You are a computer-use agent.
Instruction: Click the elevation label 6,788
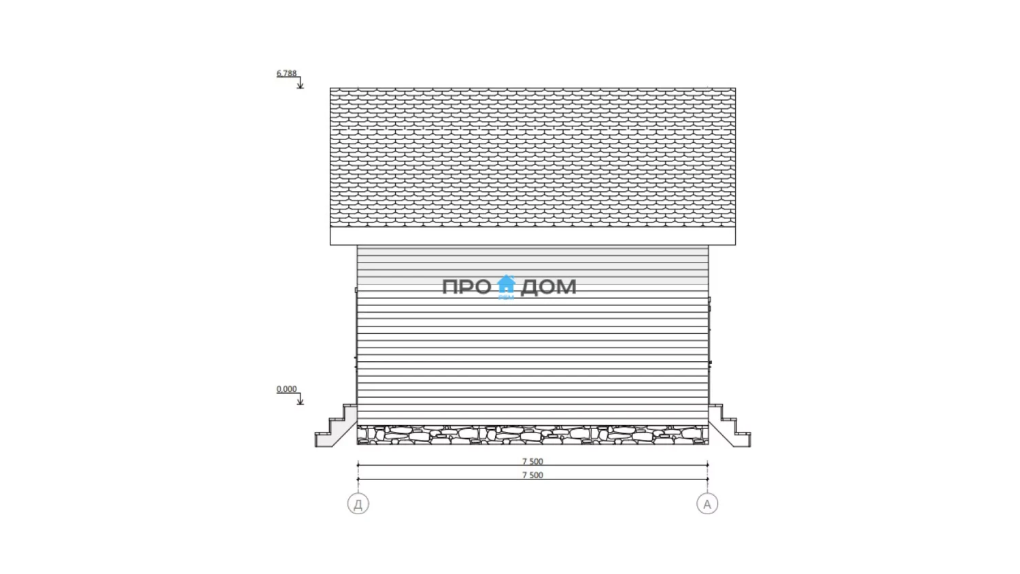[x=286, y=73]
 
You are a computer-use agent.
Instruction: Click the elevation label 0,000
[x=286, y=389]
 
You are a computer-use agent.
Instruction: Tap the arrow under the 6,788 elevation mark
[x=300, y=83]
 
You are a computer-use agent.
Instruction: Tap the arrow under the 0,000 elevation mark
[x=300, y=399]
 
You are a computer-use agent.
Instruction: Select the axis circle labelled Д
[x=358, y=504]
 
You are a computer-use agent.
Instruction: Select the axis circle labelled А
[x=707, y=504]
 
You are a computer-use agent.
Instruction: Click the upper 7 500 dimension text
[x=532, y=461]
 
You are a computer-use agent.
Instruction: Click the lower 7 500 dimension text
[x=532, y=475]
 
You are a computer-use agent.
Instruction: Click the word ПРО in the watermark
[x=466, y=287]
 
